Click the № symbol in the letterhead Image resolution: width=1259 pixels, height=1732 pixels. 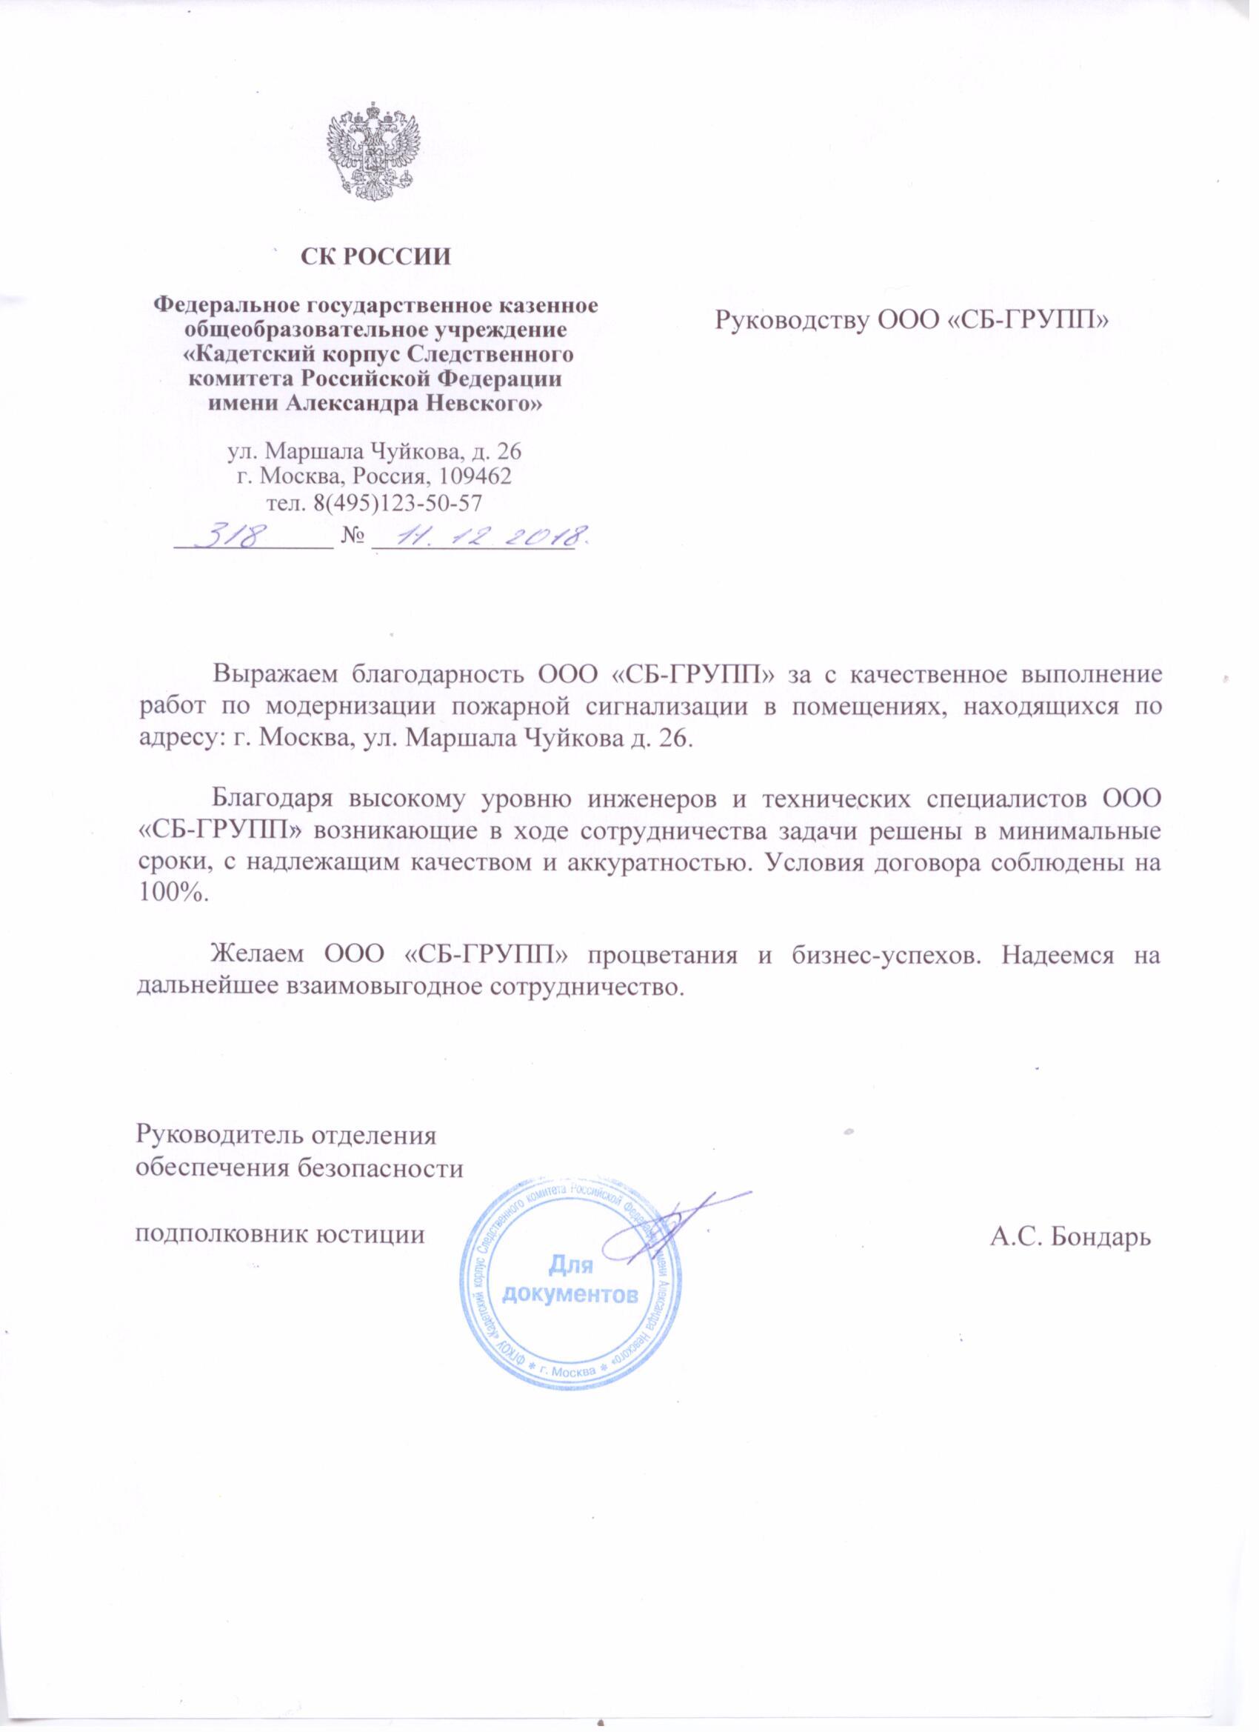click(x=351, y=539)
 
